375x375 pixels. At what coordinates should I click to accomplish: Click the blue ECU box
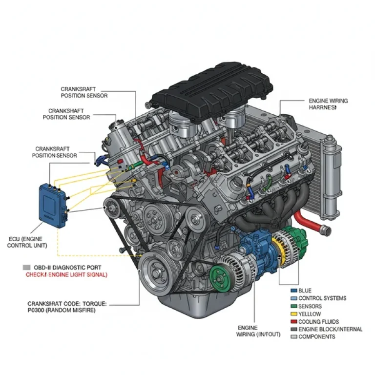pyautogui.click(x=53, y=205)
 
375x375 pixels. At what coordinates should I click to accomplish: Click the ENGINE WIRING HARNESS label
pyautogui.click(x=328, y=104)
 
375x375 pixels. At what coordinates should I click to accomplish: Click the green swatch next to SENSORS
pyautogui.click(x=293, y=306)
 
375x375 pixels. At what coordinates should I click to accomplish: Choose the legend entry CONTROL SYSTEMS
pyautogui.click(x=322, y=298)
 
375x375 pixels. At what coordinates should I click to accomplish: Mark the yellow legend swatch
pyautogui.click(x=293, y=314)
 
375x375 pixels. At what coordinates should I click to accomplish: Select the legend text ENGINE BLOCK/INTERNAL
pyautogui.click(x=330, y=330)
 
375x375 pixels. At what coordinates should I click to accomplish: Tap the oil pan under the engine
pyautogui.click(x=195, y=308)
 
